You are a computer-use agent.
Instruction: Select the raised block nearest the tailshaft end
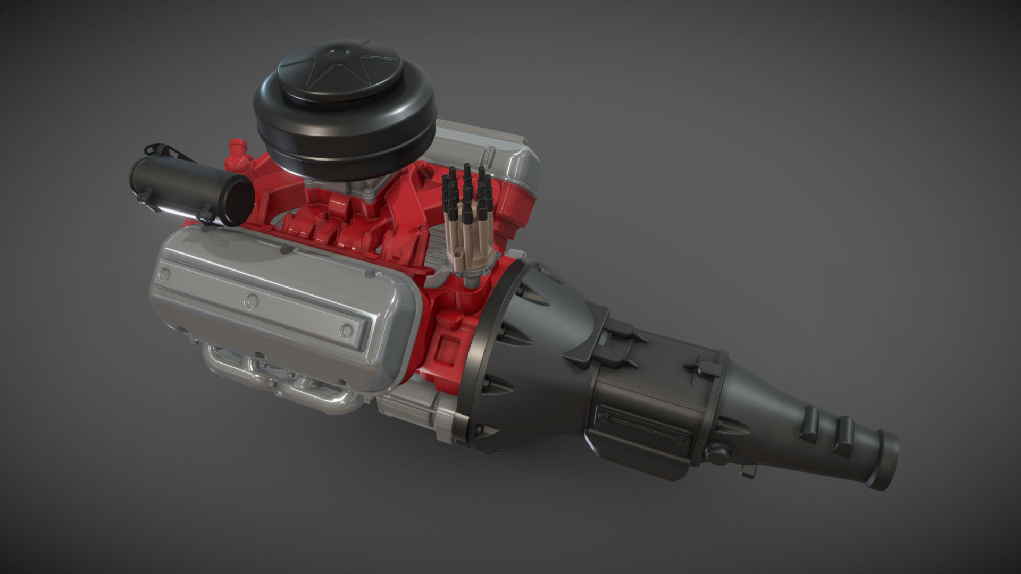[843, 433]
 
